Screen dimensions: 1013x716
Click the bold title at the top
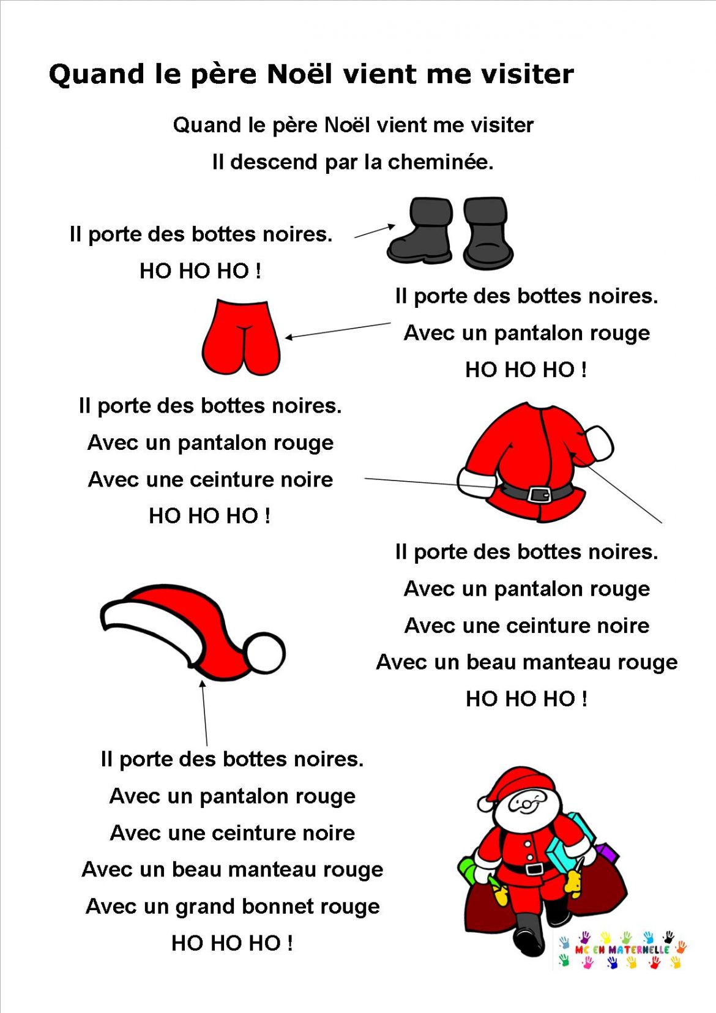311,75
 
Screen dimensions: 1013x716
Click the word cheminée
440,162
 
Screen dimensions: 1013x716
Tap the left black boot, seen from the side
422,233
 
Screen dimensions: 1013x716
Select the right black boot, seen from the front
487,233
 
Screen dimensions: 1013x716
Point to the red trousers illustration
241,337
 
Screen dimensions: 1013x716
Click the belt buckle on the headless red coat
539,494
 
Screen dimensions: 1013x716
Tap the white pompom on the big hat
266,652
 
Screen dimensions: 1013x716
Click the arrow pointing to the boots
375,231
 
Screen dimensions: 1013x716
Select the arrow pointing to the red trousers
337,331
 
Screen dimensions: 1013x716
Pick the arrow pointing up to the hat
204,712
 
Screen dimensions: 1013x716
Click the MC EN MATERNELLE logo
621,949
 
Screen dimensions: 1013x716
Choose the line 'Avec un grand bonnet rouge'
233,906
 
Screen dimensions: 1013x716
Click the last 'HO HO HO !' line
232,943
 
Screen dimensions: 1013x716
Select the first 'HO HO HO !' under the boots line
200,271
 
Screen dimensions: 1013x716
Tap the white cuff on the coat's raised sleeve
599,442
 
